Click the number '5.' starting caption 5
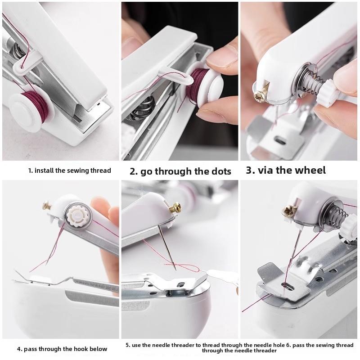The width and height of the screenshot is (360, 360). tap(128, 345)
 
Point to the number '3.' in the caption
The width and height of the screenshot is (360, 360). tap(250, 170)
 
